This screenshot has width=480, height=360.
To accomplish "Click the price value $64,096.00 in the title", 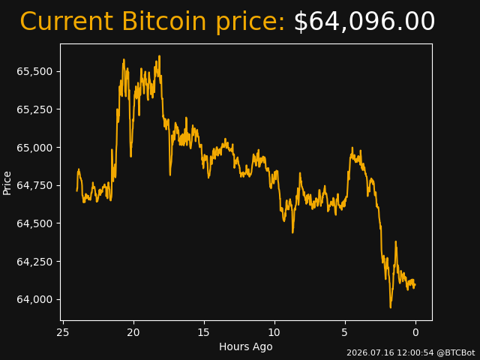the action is (364, 22).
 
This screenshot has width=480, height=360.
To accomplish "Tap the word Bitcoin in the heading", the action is (164, 21).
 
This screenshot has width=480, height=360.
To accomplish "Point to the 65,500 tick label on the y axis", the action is (34, 72).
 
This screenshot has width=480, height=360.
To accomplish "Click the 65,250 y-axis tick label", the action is (34, 109).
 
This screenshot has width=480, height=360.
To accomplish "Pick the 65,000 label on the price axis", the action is (34, 148).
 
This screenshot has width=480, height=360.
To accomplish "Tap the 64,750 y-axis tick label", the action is (34, 185).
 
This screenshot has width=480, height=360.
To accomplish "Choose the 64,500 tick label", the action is (34, 223).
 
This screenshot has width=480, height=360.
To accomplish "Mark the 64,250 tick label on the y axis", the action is (34, 262).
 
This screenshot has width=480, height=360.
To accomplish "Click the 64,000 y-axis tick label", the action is (34, 299).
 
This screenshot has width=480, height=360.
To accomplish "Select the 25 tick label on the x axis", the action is (63, 332).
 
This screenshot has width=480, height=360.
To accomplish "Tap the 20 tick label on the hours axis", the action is (133, 332).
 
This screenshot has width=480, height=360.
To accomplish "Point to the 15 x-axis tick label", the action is (204, 332).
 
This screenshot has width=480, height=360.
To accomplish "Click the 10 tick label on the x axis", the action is (274, 332).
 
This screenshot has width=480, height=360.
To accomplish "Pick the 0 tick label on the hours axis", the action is (415, 332).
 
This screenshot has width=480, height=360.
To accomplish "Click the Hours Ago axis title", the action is (246, 346).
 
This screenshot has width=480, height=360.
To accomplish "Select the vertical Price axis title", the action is (7, 183).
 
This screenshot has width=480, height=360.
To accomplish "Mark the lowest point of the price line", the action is (391, 307).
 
